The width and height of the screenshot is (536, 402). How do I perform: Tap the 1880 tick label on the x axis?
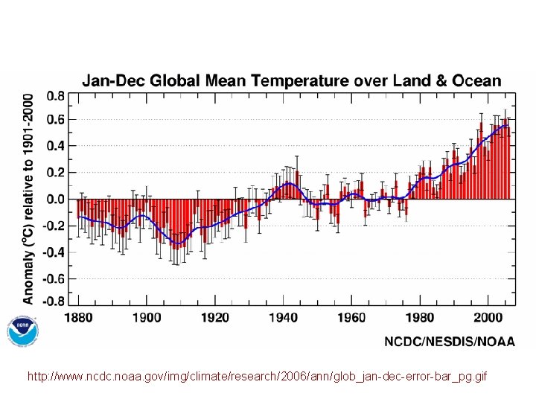[x=80, y=318]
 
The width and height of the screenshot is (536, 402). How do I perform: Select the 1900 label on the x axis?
[x=147, y=318]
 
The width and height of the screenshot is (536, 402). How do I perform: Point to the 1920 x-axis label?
[x=216, y=318]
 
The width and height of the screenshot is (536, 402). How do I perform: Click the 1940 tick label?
[x=284, y=318]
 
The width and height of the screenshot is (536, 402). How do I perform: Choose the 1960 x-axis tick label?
[x=352, y=318]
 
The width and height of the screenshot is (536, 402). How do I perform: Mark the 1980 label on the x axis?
[x=421, y=318]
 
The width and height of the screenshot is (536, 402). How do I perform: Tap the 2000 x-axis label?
[x=489, y=318]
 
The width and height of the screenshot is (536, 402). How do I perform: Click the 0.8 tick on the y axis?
[x=55, y=96]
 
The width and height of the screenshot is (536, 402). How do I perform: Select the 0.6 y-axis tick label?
[x=55, y=120]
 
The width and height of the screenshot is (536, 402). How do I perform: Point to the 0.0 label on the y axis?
[x=55, y=200]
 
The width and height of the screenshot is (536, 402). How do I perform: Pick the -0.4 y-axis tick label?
[x=53, y=252]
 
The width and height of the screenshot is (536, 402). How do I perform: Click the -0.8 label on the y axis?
[x=53, y=301]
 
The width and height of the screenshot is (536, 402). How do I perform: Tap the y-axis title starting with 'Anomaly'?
[x=28, y=198]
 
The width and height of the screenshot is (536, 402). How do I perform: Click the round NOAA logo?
[x=22, y=331]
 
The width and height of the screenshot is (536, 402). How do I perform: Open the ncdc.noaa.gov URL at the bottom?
[x=257, y=377]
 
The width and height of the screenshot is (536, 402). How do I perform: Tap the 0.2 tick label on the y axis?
[x=55, y=172]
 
